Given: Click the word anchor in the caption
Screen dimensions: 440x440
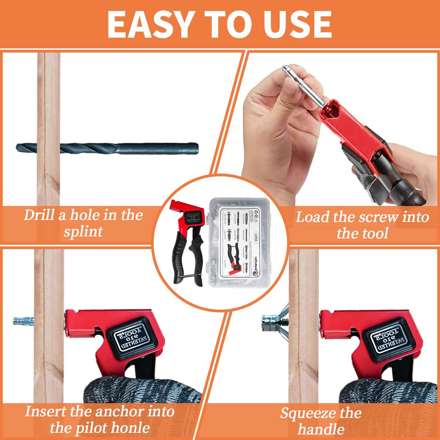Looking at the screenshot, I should (115, 412).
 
